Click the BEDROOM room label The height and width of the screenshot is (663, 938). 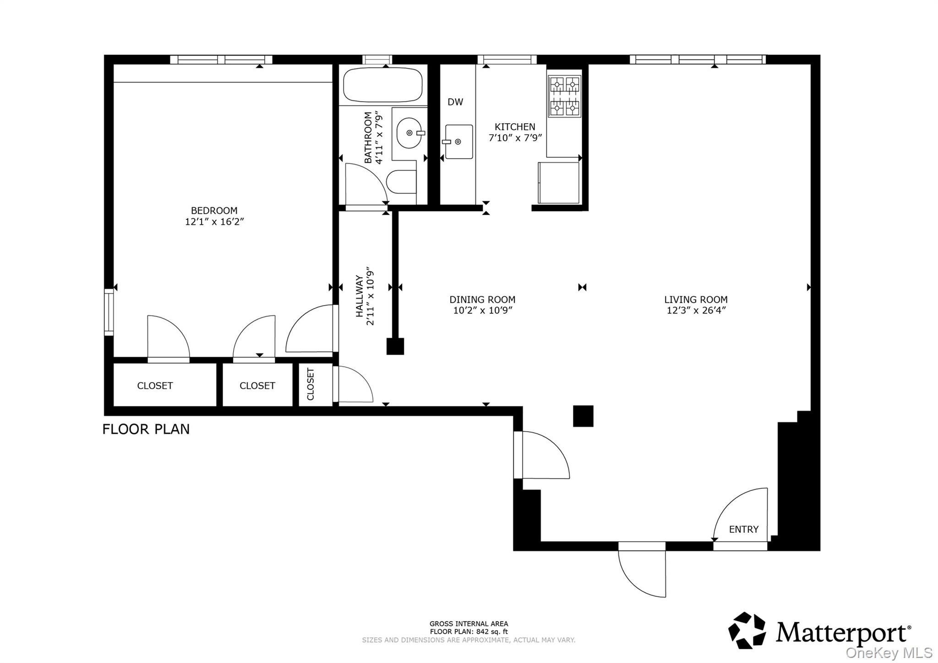[x=214, y=211]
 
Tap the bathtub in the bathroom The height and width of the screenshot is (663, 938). [x=382, y=85]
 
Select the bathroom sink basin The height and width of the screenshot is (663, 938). [x=409, y=133]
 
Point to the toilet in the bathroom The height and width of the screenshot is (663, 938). [x=401, y=182]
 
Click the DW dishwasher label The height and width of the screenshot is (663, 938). [x=455, y=102]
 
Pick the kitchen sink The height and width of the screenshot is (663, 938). [x=458, y=142]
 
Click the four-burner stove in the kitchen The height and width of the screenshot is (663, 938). [x=564, y=96]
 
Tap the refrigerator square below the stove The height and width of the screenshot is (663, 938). [x=559, y=182]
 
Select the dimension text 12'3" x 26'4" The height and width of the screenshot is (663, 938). [x=696, y=311]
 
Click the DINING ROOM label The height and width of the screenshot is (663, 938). [x=482, y=300]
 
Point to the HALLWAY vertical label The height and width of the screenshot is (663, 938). [x=360, y=296]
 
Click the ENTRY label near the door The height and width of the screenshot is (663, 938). [x=743, y=529]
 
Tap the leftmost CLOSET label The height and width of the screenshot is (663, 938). [x=155, y=386]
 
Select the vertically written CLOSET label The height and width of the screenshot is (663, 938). [x=311, y=384]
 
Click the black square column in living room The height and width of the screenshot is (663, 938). [x=583, y=416]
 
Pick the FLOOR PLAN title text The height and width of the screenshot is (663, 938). [x=146, y=429]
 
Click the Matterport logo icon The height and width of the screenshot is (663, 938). [x=747, y=630]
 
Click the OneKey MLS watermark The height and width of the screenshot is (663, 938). [x=889, y=652]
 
